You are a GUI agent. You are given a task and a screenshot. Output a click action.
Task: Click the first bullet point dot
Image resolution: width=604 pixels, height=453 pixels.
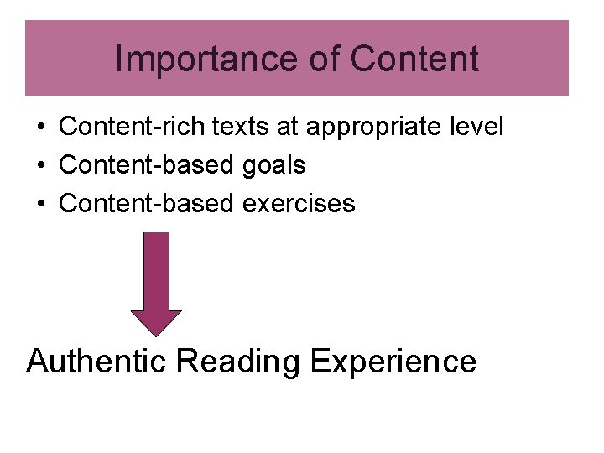tap(40, 128)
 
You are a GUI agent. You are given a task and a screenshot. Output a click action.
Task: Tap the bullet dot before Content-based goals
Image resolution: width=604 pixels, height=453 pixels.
tap(40, 166)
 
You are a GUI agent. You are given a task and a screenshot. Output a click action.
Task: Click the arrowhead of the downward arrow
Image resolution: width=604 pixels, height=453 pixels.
tap(155, 323)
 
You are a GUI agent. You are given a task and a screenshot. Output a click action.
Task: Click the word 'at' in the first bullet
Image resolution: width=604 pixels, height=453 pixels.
tap(289, 128)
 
